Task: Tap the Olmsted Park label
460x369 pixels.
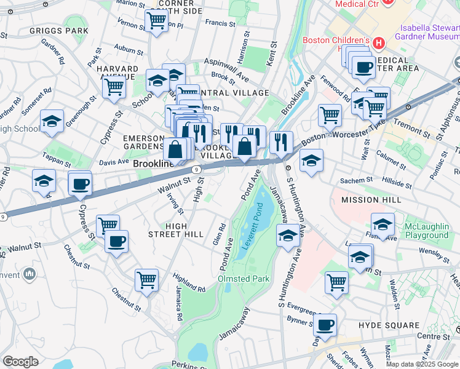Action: point(244,279)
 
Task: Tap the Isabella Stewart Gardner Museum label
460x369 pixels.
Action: point(429,31)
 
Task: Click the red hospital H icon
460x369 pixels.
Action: point(379,43)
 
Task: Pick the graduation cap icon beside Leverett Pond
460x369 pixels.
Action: point(287,236)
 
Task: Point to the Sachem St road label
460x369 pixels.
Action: point(353,182)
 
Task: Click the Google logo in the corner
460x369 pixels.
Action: point(20,362)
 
